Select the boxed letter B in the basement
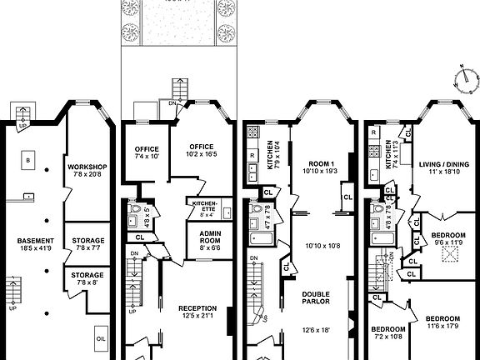(28, 158)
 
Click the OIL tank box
(101, 338)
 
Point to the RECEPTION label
(197, 307)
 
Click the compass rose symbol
(464, 80)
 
